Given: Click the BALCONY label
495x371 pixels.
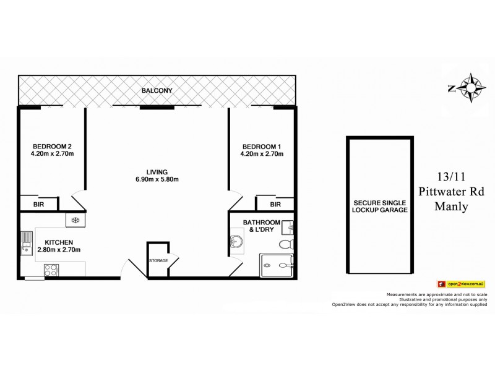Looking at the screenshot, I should point(157,91).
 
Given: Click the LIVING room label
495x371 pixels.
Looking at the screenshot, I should point(157,171).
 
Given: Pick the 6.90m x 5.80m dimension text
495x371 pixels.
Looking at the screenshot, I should point(157,179).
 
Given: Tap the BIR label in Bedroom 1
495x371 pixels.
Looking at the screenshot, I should point(275,203).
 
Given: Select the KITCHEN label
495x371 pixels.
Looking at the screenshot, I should point(59,242).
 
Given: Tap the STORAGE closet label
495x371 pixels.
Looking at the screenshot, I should point(158,260).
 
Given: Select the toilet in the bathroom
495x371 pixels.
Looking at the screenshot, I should point(285,245).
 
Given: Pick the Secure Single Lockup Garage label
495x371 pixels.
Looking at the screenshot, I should point(380,207).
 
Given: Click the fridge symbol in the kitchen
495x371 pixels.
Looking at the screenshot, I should point(75,220).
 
